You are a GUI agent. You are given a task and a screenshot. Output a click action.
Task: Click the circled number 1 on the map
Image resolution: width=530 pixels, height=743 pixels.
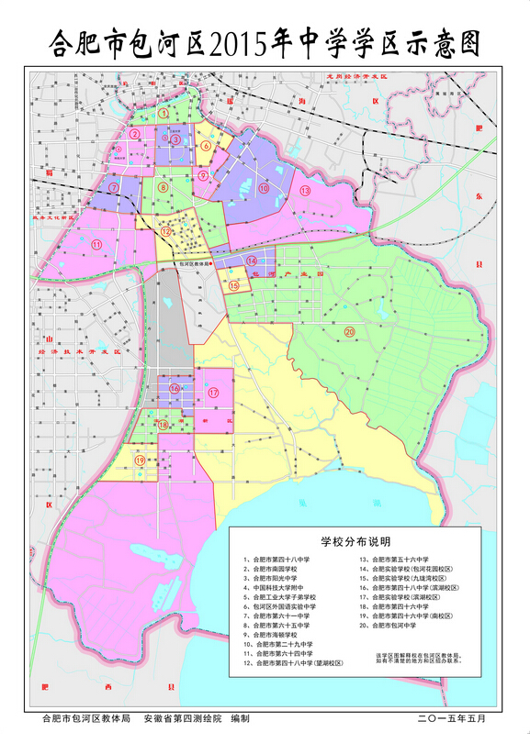pos(164,114)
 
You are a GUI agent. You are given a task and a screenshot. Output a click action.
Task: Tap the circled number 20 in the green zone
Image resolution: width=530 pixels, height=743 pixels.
pos(349,331)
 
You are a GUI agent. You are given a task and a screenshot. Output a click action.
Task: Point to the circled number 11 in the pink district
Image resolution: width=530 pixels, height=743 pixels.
pos(96,244)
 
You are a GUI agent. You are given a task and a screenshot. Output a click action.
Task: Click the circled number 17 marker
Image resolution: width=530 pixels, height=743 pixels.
pos(213,393)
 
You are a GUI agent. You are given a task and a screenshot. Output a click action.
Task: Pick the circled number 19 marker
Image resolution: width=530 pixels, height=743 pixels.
pos(140,460)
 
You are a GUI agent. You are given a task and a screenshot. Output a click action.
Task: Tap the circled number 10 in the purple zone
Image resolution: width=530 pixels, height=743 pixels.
pos(263,188)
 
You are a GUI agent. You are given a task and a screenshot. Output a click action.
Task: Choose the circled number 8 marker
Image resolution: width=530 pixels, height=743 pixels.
pos(163,188)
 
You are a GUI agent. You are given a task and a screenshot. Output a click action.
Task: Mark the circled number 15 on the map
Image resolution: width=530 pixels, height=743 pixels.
pos(233,286)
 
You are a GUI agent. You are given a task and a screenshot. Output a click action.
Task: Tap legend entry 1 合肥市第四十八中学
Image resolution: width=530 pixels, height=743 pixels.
pos(276,560)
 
